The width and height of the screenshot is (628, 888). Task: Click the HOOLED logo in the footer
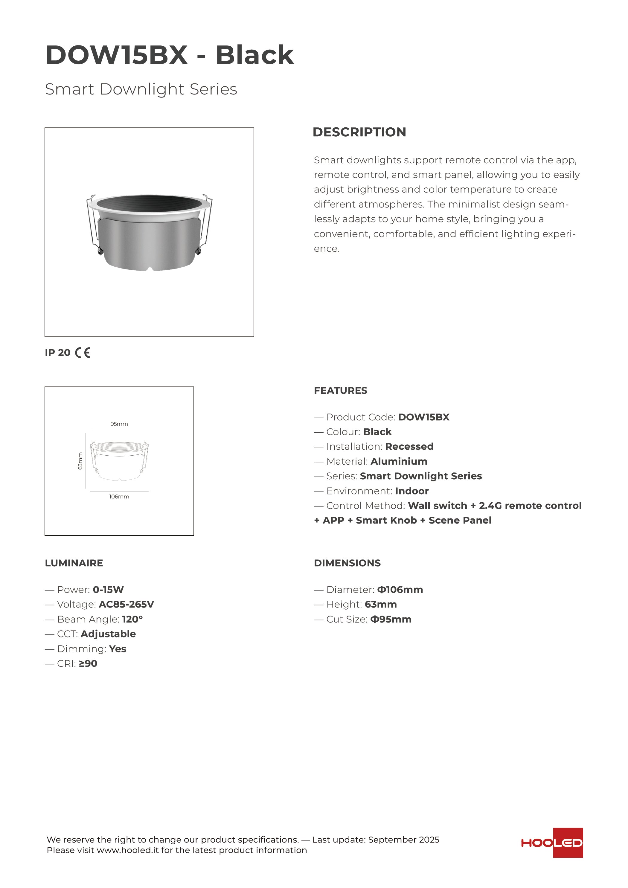(552, 843)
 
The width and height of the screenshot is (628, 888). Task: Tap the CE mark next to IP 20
(83, 353)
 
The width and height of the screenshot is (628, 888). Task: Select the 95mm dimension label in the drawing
(119, 424)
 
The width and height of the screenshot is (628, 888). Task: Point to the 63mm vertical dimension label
(80, 461)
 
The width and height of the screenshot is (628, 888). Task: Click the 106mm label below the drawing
(119, 497)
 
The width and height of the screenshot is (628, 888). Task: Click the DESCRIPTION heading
(359, 132)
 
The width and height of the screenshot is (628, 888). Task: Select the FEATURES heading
(341, 390)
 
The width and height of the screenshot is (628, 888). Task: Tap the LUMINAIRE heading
(74, 563)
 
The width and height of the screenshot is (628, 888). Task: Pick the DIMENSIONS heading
(347, 563)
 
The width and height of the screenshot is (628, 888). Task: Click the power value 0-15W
(108, 590)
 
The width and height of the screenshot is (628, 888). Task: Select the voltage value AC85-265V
(126, 605)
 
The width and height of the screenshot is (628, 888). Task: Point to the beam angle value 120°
(132, 620)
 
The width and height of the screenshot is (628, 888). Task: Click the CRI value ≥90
(88, 664)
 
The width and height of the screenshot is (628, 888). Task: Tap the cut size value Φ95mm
(391, 620)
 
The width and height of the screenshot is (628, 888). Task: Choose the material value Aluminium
(399, 461)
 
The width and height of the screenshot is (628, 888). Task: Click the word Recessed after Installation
(409, 447)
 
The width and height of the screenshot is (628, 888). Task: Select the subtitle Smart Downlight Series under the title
(141, 89)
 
